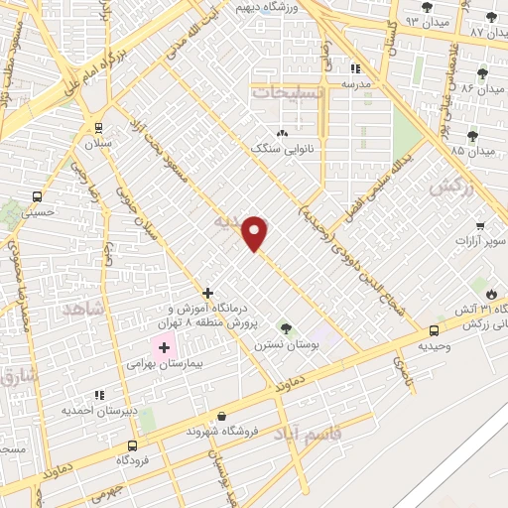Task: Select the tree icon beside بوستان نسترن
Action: pyautogui.click(x=286, y=327)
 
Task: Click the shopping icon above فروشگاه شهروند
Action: pyautogui.click(x=220, y=417)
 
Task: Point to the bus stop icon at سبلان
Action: pyautogui.click(x=98, y=127)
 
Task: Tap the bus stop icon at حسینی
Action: pyautogui.click(x=37, y=196)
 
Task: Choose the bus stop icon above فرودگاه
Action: pyautogui.click(x=126, y=445)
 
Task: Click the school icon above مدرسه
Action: pyautogui.click(x=356, y=68)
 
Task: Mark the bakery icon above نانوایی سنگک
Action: pyautogui.click(x=282, y=133)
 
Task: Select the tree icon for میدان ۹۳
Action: pyautogui.click(x=427, y=7)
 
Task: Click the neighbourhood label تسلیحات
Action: pyautogui.click(x=287, y=91)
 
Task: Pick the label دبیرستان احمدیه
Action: pyautogui.click(x=92, y=409)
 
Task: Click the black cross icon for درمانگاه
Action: pyautogui.click(x=206, y=293)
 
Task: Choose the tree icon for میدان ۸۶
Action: pyautogui.click(x=483, y=73)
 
